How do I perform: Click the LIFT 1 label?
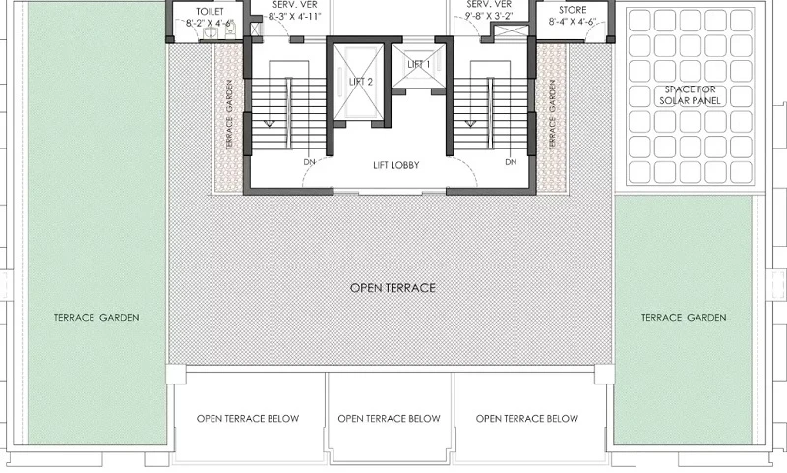point(419,64)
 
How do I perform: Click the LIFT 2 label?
point(361,82)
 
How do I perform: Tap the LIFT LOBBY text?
point(396,165)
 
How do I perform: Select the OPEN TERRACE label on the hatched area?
point(393,288)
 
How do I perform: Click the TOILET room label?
point(210,12)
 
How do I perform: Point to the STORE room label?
point(573,10)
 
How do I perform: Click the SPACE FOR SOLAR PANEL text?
point(690,95)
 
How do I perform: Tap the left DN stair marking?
point(309,162)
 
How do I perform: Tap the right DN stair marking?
point(511,162)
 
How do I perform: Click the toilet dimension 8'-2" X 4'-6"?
point(210,23)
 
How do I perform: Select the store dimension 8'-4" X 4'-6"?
point(573,22)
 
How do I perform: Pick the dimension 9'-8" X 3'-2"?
point(488,16)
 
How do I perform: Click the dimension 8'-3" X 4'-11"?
point(294,16)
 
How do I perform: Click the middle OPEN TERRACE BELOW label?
point(389,418)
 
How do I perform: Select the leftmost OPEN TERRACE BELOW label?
point(248,418)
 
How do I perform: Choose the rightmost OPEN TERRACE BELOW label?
point(527,418)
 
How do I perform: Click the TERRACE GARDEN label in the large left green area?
point(96,317)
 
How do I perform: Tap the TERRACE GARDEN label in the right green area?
point(684,317)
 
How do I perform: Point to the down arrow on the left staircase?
point(269,123)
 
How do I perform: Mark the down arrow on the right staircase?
point(470,123)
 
